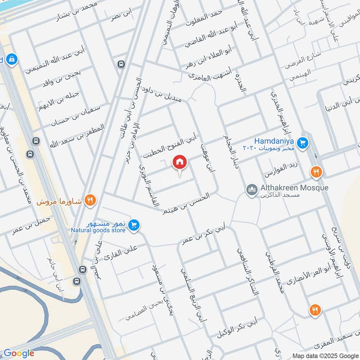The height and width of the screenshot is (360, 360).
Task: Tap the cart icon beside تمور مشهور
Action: click(x=133, y=225)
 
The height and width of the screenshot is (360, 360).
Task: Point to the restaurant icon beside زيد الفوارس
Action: click(x=316, y=172)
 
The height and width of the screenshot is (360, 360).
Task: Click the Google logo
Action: click(x=19, y=353)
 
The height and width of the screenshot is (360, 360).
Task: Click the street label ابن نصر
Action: click(x=122, y=17)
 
